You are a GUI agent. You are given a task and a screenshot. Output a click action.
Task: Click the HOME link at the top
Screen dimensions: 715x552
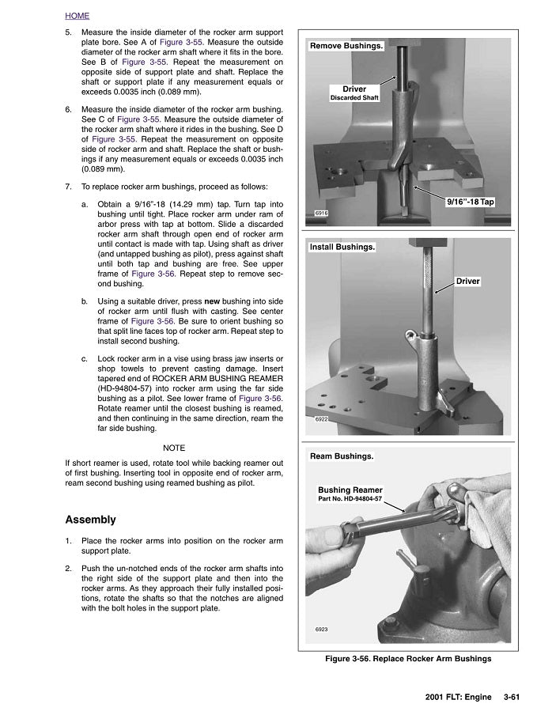tap(77, 16)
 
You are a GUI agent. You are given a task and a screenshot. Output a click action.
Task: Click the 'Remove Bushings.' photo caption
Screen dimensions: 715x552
tap(346, 46)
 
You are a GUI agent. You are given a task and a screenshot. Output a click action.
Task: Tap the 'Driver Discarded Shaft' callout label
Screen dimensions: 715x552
tap(354, 93)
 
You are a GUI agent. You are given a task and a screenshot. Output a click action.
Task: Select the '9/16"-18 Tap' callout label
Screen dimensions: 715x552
tap(470, 202)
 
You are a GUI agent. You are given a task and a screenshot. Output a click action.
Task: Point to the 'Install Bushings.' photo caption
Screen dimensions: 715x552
tap(342, 247)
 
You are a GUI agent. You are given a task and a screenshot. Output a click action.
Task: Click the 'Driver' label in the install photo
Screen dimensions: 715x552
tap(468, 281)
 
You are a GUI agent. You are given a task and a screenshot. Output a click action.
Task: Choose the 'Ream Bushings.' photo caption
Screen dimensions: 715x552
tap(342, 456)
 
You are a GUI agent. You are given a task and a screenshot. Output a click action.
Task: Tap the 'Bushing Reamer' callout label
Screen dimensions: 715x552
tap(350, 490)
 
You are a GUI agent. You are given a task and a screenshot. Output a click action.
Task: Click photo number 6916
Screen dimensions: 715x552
tap(321, 214)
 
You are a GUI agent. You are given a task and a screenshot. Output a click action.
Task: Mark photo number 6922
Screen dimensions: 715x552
tap(321, 419)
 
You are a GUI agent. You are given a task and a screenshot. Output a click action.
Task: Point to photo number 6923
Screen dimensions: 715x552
tap(321, 630)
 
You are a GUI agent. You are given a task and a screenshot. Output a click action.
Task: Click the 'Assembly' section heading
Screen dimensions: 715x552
tap(90, 520)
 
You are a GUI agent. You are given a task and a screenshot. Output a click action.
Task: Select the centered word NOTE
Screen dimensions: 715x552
tap(174, 448)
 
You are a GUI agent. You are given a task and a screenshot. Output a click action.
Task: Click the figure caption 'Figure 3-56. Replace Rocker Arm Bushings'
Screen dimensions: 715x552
tap(408, 658)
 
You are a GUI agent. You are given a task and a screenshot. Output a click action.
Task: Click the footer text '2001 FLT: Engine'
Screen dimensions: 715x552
tap(461, 697)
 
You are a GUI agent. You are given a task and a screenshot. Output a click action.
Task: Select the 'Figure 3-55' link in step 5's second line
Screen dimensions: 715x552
tap(179, 42)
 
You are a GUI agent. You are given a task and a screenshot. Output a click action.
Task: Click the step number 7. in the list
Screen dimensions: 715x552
tap(69, 187)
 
